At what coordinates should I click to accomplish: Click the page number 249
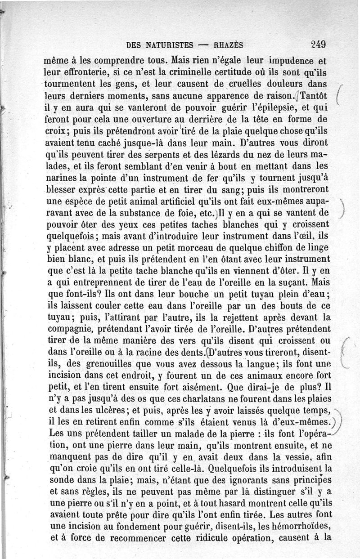[318, 45]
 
